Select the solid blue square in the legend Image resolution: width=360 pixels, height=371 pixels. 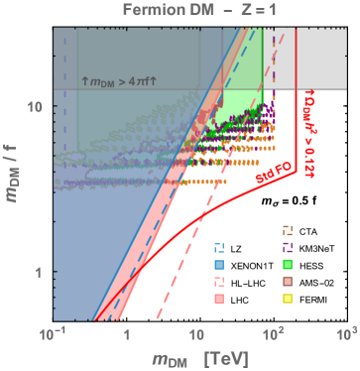click(x=219, y=264)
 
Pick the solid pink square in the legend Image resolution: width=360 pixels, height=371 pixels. click(x=219, y=298)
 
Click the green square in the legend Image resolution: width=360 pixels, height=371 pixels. click(x=288, y=264)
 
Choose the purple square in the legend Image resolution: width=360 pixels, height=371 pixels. click(x=288, y=247)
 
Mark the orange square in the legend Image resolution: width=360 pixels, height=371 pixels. click(x=288, y=230)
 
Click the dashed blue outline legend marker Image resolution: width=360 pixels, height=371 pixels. click(x=219, y=247)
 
